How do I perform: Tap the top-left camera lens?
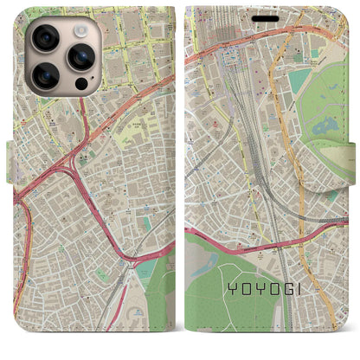pos(45,38)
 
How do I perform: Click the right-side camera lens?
pos(80,57)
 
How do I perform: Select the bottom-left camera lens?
pos(45,75)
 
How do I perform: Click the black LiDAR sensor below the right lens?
pos(80,86)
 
